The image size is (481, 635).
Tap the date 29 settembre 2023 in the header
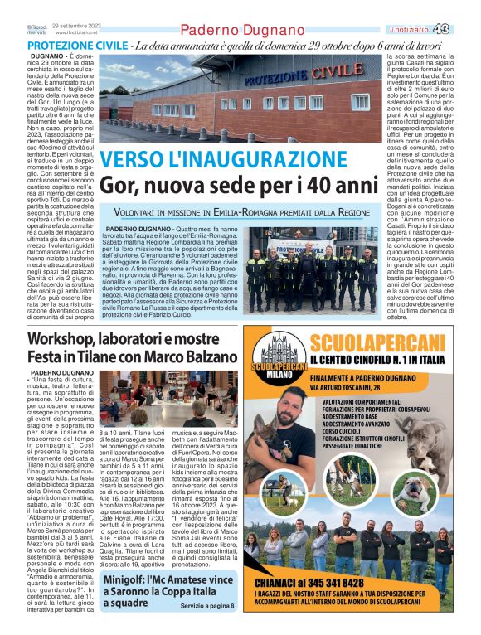coord(75,26)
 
